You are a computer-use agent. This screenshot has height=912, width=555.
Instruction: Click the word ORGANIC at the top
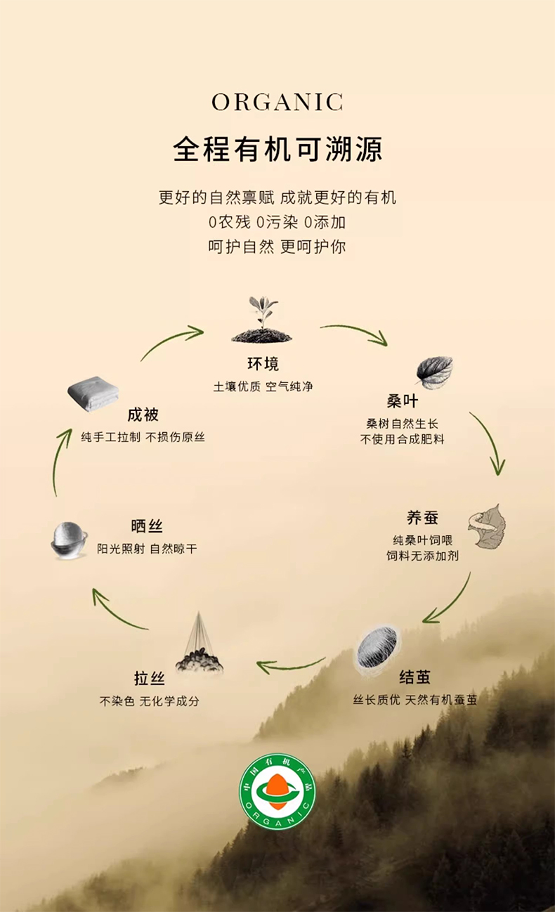(x=277, y=102)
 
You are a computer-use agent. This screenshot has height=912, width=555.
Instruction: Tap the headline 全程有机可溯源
(x=277, y=150)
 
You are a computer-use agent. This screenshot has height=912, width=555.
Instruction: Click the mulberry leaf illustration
(x=434, y=372)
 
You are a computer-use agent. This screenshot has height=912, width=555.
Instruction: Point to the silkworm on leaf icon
(x=488, y=526)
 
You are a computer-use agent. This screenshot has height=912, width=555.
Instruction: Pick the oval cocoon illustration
(x=378, y=648)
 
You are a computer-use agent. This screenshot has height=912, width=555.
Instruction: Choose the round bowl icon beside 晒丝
(x=69, y=540)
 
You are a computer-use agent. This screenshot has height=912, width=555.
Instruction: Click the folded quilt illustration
(x=92, y=395)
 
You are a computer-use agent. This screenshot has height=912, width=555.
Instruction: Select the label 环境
(x=263, y=364)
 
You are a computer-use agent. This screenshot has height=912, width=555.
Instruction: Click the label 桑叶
(x=402, y=401)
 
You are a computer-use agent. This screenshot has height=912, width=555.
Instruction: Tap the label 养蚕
(x=422, y=518)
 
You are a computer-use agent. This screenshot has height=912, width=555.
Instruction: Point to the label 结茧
(x=414, y=677)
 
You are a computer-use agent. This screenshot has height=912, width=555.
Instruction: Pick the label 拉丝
(x=150, y=678)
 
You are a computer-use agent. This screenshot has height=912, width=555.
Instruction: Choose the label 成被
(x=143, y=415)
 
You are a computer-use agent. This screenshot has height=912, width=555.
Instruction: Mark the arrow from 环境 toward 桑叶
(x=355, y=334)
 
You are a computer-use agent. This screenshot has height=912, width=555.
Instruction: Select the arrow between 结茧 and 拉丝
(x=291, y=664)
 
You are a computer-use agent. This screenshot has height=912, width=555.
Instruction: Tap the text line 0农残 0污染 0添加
(x=277, y=223)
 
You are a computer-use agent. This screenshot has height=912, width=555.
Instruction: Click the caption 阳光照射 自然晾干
(x=147, y=548)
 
